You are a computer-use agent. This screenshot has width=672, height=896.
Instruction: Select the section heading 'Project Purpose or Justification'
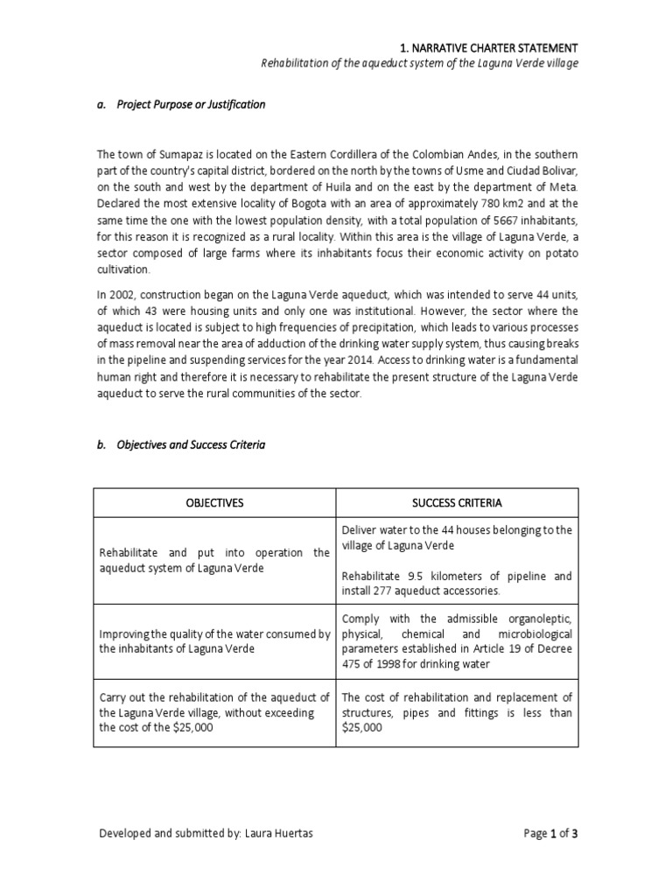[x=191, y=104]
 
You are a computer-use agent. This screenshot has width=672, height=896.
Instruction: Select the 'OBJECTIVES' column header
[x=213, y=503]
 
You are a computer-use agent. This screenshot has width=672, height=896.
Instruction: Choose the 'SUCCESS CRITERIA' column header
[x=457, y=503]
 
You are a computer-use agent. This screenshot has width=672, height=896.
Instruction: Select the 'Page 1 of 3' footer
[x=550, y=834]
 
